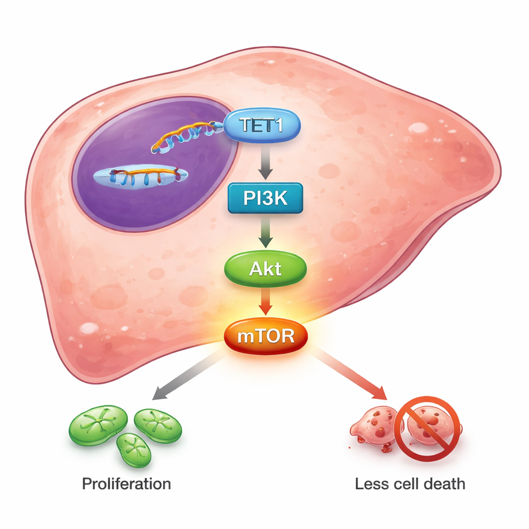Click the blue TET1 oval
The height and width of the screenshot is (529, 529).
pyautogui.click(x=261, y=126)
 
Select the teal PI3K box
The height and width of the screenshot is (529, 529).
pyautogui.click(x=265, y=198)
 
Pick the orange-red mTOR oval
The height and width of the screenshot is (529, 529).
pyautogui.click(x=266, y=337)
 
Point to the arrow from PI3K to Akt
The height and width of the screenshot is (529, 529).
pyautogui.click(x=265, y=234)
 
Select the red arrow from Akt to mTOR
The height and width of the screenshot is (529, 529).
pyautogui.click(x=265, y=303)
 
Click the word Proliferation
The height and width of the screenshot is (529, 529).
pyautogui.click(x=127, y=484)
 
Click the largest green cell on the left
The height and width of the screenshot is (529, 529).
pyautogui.click(x=98, y=425)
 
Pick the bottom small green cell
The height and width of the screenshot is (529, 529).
pyautogui.click(x=134, y=449)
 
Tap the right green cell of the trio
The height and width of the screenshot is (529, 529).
pyautogui.click(x=158, y=425)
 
